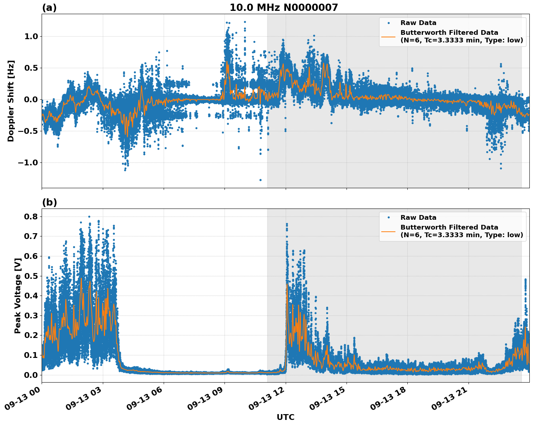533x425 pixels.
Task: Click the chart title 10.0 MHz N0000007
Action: [x=284, y=8]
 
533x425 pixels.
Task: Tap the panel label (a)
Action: [x=49, y=8]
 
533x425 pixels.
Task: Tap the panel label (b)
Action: [x=49, y=202]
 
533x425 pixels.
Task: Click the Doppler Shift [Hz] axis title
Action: [x=11, y=101]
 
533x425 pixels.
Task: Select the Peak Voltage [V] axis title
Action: [x=17, y=295]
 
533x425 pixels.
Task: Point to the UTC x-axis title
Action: [x=285, y=417]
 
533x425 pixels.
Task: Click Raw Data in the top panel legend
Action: [x=418, y=23]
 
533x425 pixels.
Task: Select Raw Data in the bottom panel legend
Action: [x=418, y=218]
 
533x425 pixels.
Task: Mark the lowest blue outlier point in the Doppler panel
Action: [x=260, y=180]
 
